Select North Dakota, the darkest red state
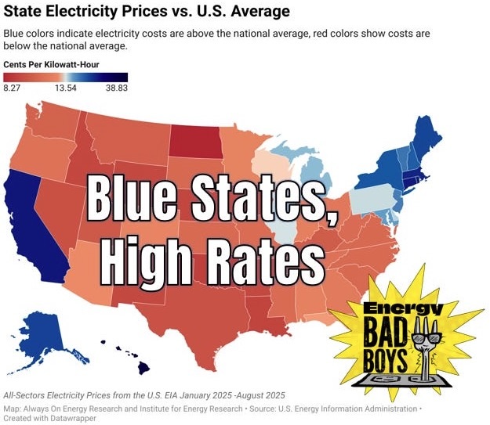[196, 142]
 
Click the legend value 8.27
[12, 88]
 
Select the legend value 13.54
[66, 88]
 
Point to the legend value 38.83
[117, 88]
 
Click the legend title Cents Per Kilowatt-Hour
[51, 65]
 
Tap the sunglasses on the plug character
[426, 338]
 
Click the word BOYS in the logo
[385, 360]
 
